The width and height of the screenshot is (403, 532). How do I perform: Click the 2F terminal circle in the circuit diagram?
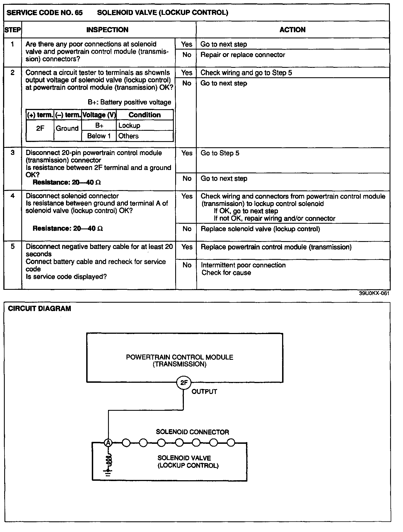click(x=184, y=383)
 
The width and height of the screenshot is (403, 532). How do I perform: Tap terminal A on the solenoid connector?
click(x=108, y=443)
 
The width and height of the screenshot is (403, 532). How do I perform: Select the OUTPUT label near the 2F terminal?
click(x=204, y=391)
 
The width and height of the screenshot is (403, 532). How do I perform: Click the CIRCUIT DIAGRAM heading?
click(x=39, y=309)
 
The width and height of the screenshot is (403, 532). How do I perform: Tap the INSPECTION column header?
click(x=107, y=30)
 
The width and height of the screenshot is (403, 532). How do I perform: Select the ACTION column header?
click(x=292, y=30)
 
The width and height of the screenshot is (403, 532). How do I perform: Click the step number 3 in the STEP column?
click(x=13, y=153)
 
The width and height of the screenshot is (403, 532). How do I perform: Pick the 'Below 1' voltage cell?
click(x=99, y=136)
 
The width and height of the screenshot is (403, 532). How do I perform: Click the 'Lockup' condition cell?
click(x=129, y=125)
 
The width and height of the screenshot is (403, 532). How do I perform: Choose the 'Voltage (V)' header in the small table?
click(x=99, y=115)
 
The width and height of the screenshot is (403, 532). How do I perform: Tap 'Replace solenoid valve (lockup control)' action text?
click(x=260, y=229)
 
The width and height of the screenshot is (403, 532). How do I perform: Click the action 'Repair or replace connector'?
click(x=243, y=55)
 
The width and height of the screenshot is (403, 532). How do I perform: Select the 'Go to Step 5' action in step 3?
click(x=220, y=153)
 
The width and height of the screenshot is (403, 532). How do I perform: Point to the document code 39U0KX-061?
click(x=374, y=293)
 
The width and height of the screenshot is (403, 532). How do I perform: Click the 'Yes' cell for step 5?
click(x=187, y=247)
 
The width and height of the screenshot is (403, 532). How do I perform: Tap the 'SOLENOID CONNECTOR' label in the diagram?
click(x=193, y=432)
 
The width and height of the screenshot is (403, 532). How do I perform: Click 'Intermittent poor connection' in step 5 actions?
click(x=243, y=265)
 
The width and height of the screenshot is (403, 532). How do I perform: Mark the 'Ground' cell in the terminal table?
click(x=67, y=129)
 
